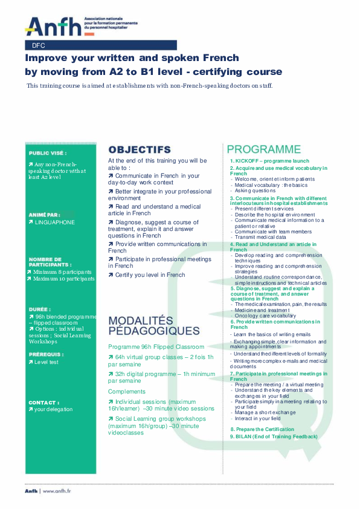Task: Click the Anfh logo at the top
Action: tap(53, 26)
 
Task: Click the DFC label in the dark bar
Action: tap(39, 45)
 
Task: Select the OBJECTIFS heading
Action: tap(140, 149)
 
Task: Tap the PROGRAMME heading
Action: tap(263, 149)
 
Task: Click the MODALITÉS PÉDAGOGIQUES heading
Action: tap(153, 325)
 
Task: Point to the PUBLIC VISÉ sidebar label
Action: tap(48, 154)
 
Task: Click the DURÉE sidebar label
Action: tap(40, 309)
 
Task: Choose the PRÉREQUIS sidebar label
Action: tap(45, 354)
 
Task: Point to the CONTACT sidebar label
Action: tap(43, 402)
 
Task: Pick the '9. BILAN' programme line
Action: tap(273, 436)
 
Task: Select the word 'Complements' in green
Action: tap(126, 392)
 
